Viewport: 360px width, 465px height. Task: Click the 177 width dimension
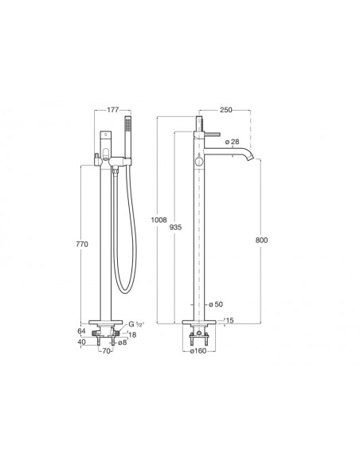112,110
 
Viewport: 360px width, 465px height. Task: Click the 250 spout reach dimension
226,110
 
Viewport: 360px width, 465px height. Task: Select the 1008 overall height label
158,220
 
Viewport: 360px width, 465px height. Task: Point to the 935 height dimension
175,228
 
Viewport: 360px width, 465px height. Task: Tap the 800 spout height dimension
261,240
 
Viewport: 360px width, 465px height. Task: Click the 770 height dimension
82,244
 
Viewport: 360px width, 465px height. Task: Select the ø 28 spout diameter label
232,142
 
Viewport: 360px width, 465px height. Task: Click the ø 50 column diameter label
216,304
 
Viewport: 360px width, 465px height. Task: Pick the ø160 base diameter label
198,351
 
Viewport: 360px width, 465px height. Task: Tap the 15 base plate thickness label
230,320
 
